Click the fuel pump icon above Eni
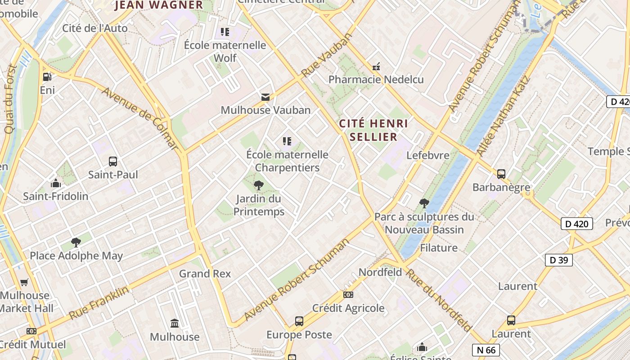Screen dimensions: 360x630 pos(47,77)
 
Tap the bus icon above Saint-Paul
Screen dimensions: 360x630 pos(113,161)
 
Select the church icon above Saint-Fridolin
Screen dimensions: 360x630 pos(56,183)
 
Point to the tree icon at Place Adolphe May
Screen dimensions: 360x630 pos(76,243)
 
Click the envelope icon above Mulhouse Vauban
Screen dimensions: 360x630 pos(265,97)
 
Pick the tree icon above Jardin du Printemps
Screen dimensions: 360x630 pos(259,185)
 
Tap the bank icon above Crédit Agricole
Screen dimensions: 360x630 pos(348,295)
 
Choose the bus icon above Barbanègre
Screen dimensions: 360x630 pos(501,174)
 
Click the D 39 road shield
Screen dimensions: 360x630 pos(559,260)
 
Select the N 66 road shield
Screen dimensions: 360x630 pos(486,350)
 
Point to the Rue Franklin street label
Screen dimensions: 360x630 pos(99,302)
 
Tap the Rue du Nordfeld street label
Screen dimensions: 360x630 pos(439,299)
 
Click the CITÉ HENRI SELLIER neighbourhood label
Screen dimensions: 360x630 pos(373,130)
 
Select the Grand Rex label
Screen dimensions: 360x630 pos(205,274)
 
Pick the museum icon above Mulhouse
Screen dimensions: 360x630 pos(175,323)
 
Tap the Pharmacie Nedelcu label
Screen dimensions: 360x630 pos(376,80)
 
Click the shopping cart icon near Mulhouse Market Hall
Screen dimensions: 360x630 pos(24,282)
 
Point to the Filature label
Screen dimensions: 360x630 pos(439,248)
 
